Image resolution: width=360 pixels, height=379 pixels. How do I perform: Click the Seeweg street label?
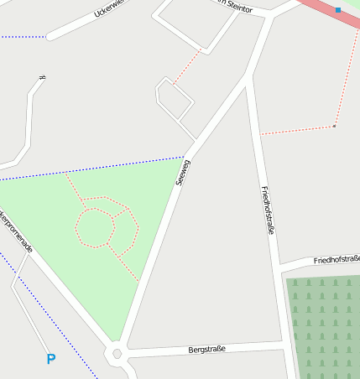pyautogui.click(x=182, y=172)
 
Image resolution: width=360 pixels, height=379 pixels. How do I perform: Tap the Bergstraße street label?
pyautogui.click(x=207, y=348)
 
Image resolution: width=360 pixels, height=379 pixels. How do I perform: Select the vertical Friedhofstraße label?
pyautogui.click(x=268, y=210)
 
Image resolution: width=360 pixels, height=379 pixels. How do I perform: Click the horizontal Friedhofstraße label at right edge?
pyautogui.click(x=336, y=260)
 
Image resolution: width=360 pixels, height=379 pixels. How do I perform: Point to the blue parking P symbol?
pyautogui.click(x=51, y=359)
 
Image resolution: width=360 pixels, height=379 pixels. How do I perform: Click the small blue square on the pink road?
pyautogui.click(x=337, y=10)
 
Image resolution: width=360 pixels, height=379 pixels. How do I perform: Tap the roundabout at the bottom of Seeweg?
pyautogui.click(x=117, y=354)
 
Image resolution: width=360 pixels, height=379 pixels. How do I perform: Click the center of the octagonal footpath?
pyautogui.click(x=95, y=227)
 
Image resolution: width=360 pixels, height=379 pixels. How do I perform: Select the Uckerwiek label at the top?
pyautogui.click(x=109, y=9)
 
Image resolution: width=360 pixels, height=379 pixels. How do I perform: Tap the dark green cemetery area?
pyautogui.click(x=323, y=327)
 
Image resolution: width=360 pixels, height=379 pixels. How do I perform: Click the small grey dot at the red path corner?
pyautogui.click(x=334, y=126)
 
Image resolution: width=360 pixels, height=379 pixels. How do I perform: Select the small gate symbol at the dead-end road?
pyautogui.click(x=41, y=79)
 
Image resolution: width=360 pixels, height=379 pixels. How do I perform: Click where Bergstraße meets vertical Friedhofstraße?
pyautogui.click(x=283, y=344)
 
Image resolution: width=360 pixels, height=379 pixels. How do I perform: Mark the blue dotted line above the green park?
pyautogui.click(x=92, y=168)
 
